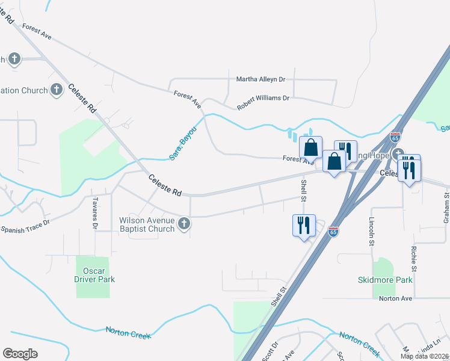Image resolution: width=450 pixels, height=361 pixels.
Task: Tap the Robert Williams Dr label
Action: [x=263, y=102]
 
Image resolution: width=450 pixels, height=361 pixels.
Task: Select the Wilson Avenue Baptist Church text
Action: [x=147, y=224]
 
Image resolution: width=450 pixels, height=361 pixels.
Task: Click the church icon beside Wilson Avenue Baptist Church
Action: [x=185, y=224]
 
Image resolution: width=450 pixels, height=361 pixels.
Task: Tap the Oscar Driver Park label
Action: [x=94, y=275]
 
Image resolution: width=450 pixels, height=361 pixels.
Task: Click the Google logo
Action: [x=20, y=354]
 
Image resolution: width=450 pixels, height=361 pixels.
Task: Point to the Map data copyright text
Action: [x=425, y=356]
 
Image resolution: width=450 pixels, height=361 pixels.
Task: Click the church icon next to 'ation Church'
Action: [x=57, y=90]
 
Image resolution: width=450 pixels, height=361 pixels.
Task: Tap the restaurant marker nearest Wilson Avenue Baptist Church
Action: [x=303, y=226]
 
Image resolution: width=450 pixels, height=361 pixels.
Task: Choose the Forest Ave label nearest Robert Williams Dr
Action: [x=188, y=100]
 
